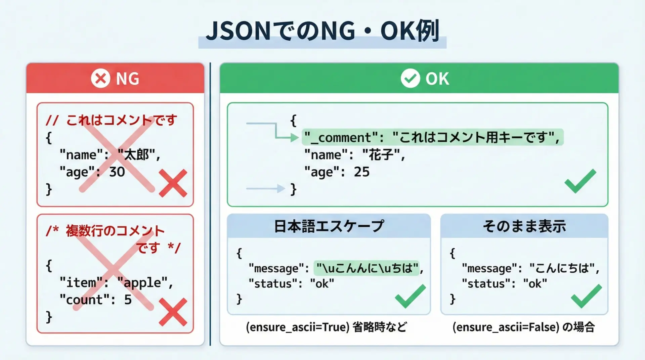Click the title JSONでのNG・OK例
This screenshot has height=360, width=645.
[x=322, y=31]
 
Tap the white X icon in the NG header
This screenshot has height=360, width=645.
[x=100, y=78]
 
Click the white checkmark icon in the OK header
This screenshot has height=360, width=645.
[x=410, y=78]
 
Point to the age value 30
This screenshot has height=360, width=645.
[x=117, y=172]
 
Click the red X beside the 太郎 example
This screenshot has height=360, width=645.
[x=173, y=183]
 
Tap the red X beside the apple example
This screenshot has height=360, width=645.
[x=173, y=312]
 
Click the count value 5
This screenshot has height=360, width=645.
[x=128, y=300]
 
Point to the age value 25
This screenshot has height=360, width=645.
[x=361, y=172]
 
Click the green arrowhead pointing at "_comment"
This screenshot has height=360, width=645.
[x=295, y=137]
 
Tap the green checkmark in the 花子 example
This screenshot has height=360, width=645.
[x=580, y=181]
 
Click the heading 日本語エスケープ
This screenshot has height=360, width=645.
[x=329, y=226]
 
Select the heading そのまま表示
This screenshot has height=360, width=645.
[x=524, y=226]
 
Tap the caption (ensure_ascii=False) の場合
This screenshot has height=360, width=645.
[x=523, y=327]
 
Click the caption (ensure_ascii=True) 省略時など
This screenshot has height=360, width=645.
[x=326, y=327]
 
